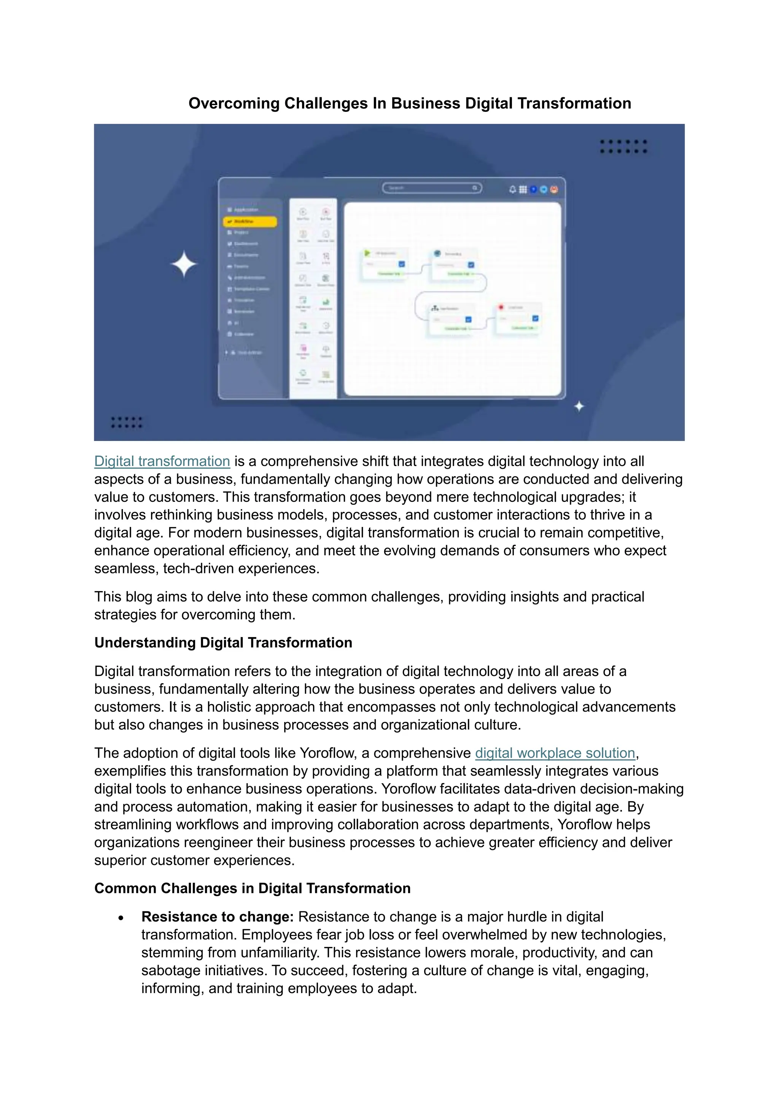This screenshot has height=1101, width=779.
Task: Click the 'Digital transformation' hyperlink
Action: (x=162, y=461)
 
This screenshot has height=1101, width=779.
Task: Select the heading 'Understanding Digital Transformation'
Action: (x=223, y=643)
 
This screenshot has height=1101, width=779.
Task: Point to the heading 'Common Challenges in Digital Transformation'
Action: (x=252, y=888)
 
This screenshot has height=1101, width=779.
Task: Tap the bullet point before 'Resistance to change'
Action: (x=121, y=918)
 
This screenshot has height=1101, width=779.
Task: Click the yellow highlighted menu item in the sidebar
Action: (x=250, y=222)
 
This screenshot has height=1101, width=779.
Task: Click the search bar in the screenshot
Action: (x=432, y=188)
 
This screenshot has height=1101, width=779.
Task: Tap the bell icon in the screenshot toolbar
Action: (x=512, y=189)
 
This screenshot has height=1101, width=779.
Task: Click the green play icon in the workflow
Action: (x=367, y=253)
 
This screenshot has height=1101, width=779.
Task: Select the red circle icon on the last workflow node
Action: (x=501, y=307)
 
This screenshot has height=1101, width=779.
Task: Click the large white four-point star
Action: (x=184, y=264)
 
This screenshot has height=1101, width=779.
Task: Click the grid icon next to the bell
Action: (x=523, y=189)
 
